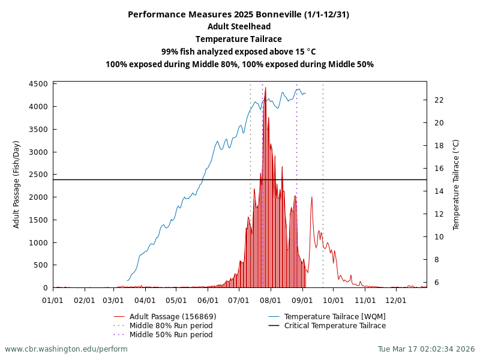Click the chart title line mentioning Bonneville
point(239,14)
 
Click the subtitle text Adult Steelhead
point(239,26)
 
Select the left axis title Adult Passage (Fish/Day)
point(17,184)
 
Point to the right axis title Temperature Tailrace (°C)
point(456,184)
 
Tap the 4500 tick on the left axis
point(38,84)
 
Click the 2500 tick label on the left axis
point(38,175)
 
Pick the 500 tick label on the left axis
point(41,265)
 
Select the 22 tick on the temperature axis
point(439,100)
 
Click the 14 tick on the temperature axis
point(439,191)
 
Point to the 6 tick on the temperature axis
point(436,282)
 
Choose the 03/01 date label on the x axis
point(114,299)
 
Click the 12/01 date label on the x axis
point(396,299)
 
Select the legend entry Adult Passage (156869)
point(173,316)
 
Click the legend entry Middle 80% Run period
point(171,326)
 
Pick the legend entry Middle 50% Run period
point(171,335)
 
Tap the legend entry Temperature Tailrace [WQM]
point(335,316)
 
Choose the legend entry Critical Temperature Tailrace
point(335,326)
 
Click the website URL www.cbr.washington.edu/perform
point(66,349)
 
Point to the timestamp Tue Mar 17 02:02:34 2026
point(426,349)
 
